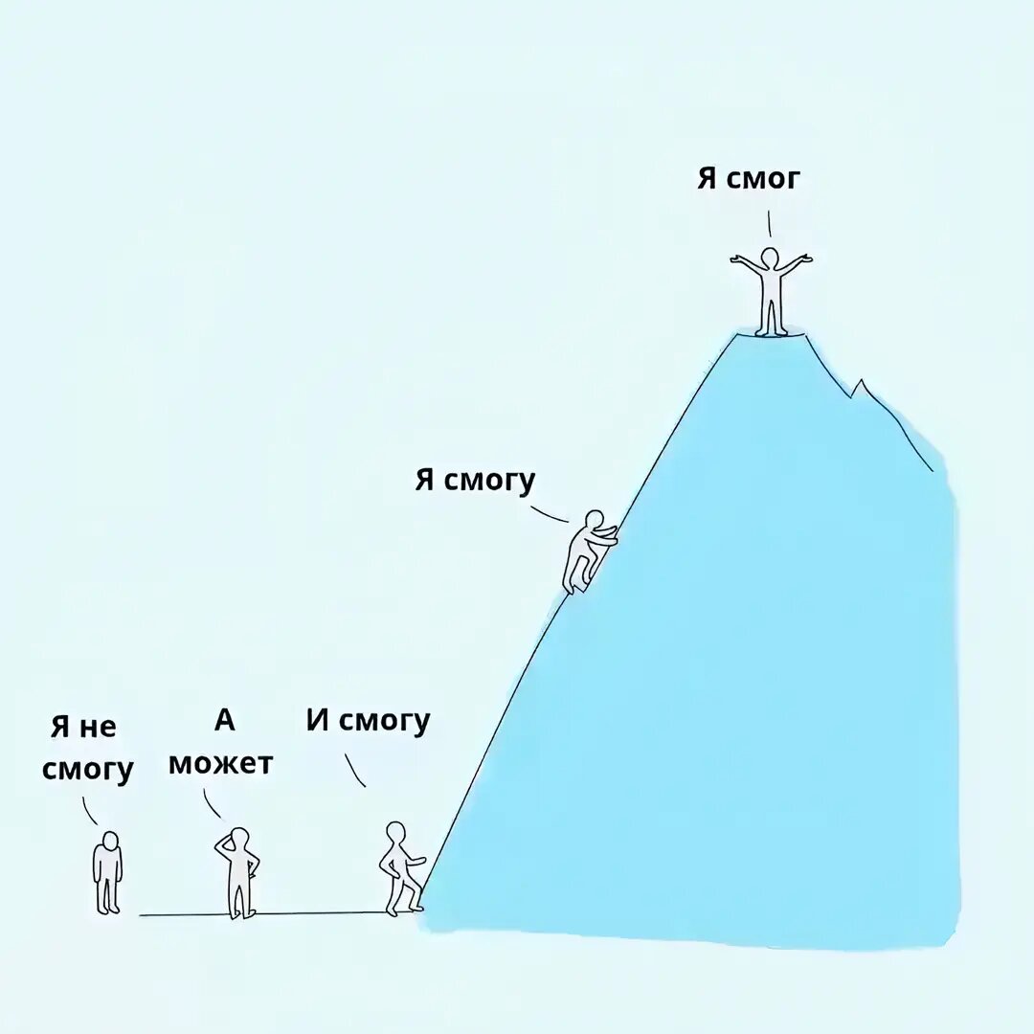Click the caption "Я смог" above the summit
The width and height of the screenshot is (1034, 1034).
[x=747, y=179]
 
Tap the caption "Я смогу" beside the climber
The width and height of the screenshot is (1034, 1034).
[x=475, y=480]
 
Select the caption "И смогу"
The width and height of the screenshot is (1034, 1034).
[x=369, y=721]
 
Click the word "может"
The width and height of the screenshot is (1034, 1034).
[x=220, y=764]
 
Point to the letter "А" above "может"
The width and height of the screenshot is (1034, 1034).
[x=224, y=720]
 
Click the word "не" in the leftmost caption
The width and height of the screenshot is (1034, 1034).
[x=97, y=728]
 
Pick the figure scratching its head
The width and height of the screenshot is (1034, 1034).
[x=236, y=871]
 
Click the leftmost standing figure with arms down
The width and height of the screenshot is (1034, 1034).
[x=107, y=871]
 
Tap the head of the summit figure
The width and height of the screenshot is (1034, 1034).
[x=771, y=257]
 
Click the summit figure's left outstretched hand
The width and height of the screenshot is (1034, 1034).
[x=735, y=258]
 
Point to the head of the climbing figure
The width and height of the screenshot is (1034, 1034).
[x=595, y=519]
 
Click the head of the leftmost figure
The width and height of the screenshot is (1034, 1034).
[x=110, y=841]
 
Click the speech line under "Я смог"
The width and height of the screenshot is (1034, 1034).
[x=769, y=223]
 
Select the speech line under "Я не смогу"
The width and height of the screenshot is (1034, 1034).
[x=90, y=811]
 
